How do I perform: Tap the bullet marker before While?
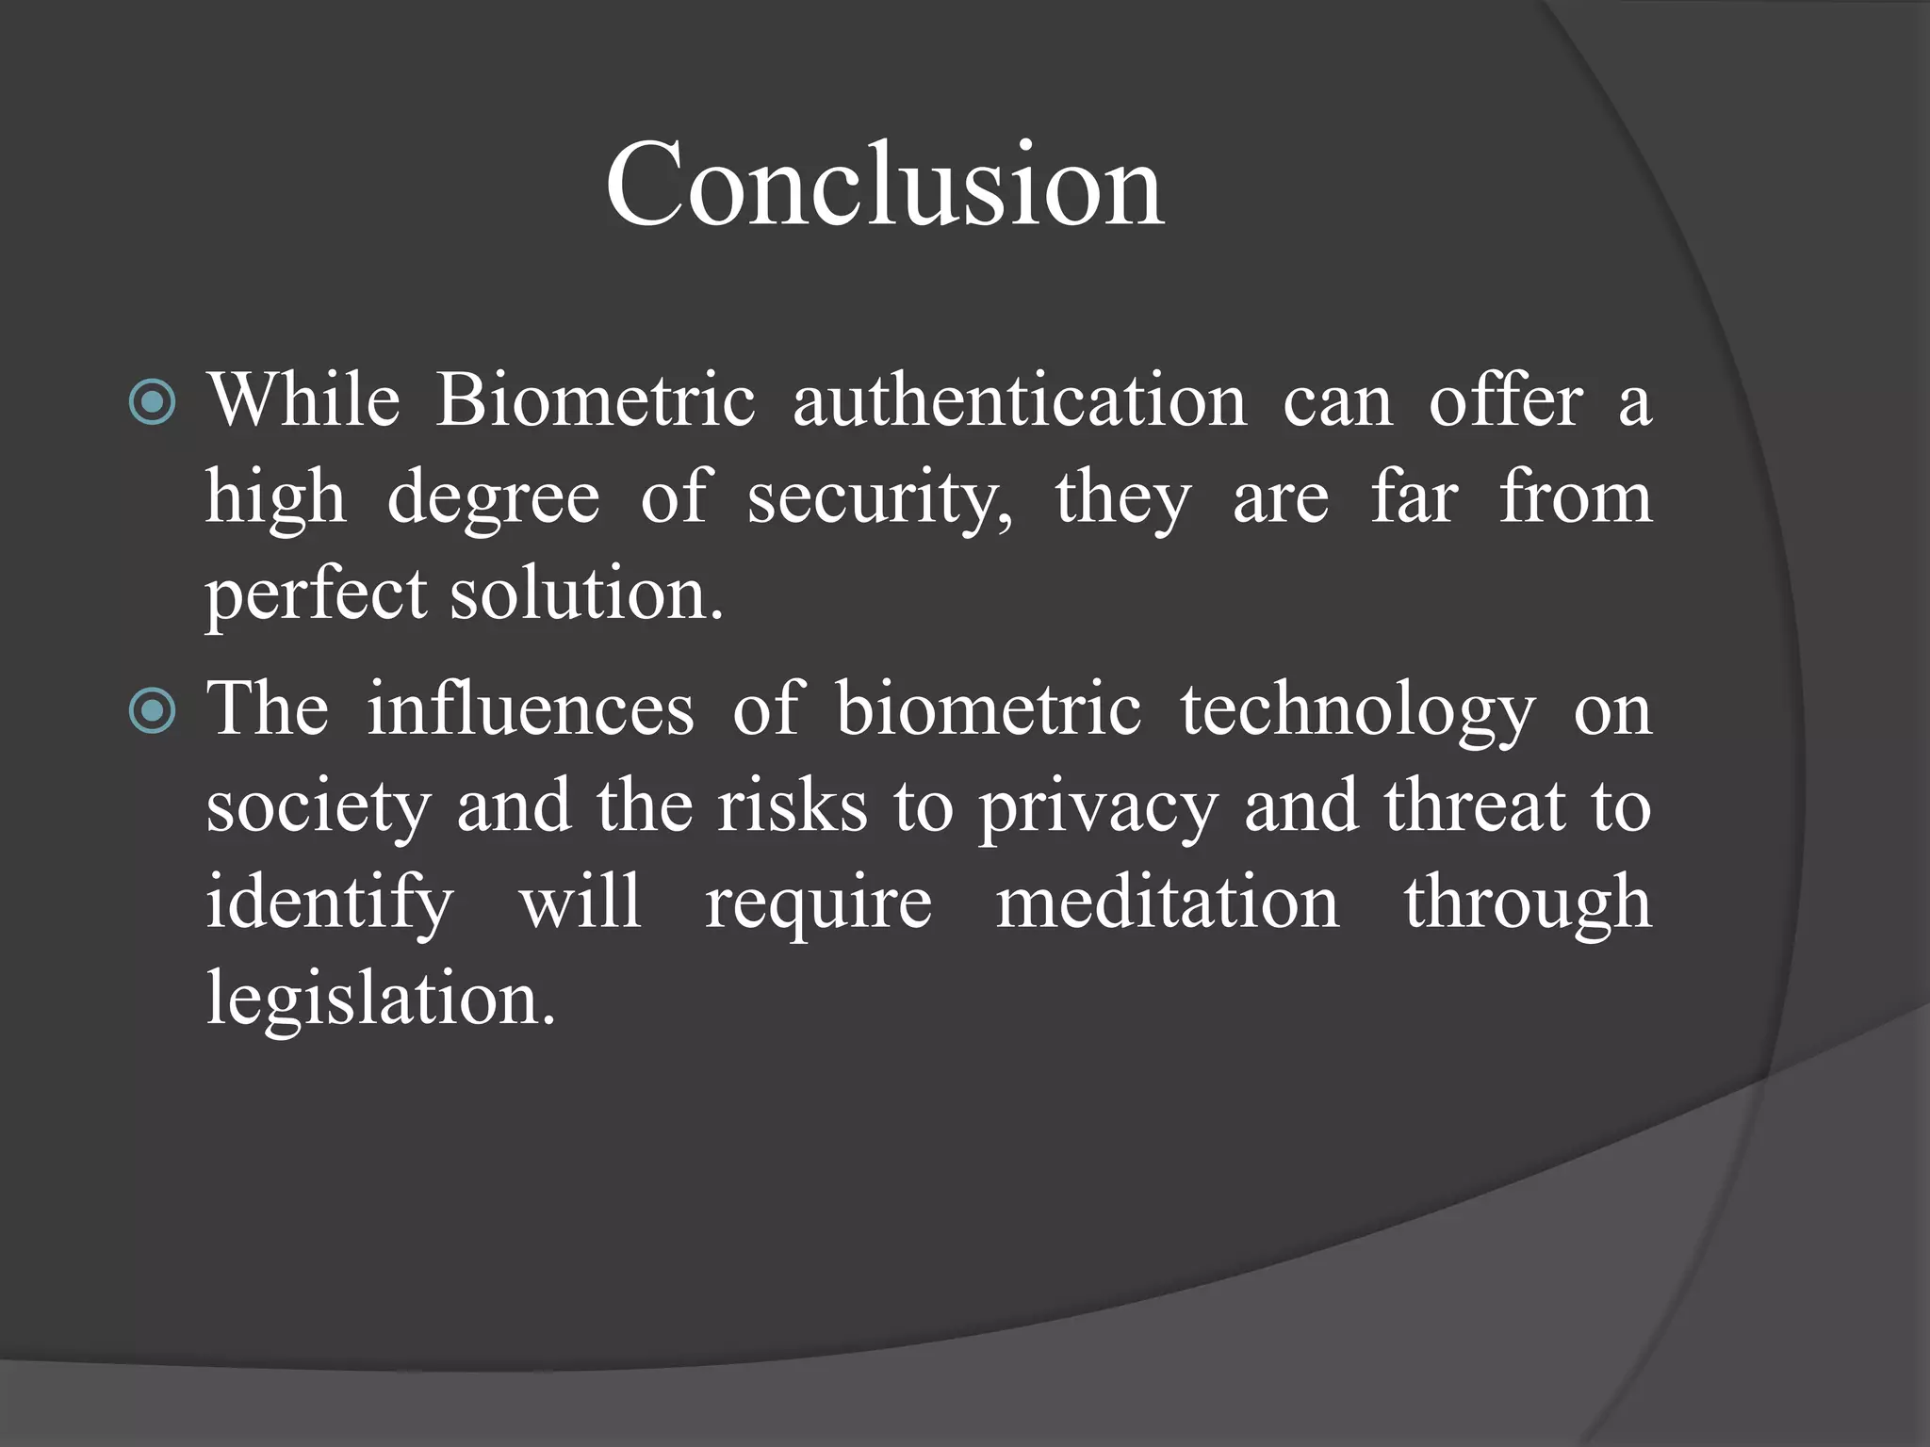152,402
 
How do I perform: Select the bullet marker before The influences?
152,710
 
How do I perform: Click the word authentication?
1020,400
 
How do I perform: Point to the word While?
303,400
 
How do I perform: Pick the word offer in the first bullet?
1505,400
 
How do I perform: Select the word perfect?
316,595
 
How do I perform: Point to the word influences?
531,708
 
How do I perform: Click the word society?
318,807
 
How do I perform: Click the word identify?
330,903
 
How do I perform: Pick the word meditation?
1167,902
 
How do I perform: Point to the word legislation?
381,1000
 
